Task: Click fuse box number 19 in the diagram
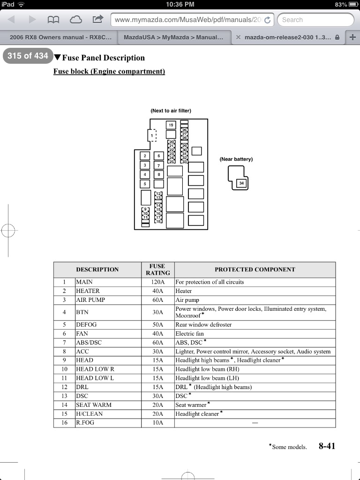(x=171, y=125)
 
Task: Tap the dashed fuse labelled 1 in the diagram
(x=152, y=135)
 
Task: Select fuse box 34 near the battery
(x=241, y=183)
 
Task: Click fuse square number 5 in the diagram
(x=145, y=184)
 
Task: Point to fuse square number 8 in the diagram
(x=158, y=174)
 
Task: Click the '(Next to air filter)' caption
(x=171, y=111)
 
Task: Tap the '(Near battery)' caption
(x=236, y=159)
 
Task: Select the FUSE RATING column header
(x=157, y=270)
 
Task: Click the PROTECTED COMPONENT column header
(x=255, y=270)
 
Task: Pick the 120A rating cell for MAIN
(x=157, y=282)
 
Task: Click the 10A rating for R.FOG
(x=157, y=422)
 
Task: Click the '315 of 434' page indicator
(x=28, y=56)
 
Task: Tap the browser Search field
(x=315, y=20)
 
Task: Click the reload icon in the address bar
(x=267, y=20)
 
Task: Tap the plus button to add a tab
(x=352, y=37)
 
